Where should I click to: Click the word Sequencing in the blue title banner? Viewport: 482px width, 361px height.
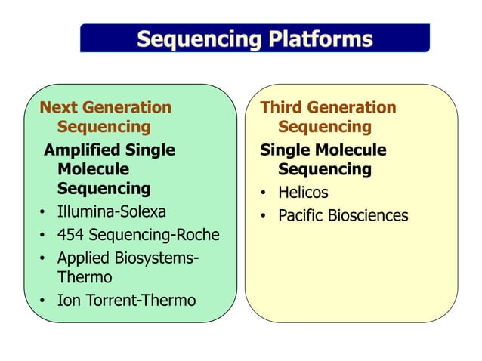pos(192,39)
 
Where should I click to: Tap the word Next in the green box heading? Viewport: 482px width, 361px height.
pos(57,107)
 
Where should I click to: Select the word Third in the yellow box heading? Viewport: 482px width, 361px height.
pos(280,107)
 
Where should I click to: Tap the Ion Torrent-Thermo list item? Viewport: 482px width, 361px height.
pos(126,301)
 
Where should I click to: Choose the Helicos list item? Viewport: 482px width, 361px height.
pos(303,193)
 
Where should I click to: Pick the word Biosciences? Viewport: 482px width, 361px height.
pos(368,216)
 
